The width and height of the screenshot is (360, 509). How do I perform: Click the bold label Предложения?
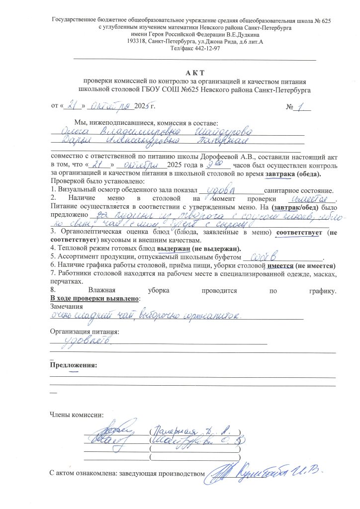coord(73,365)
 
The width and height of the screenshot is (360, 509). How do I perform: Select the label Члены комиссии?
coord(77,414)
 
